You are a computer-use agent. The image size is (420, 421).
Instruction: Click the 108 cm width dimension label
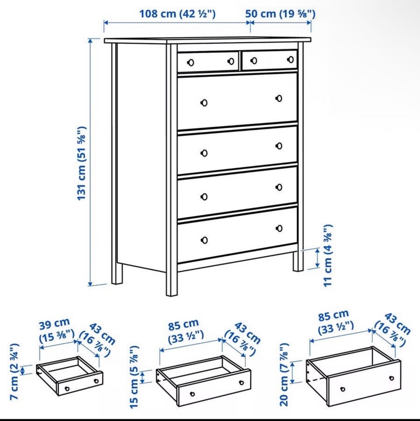coord(177,14)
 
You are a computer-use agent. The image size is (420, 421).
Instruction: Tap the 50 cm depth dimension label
coord(280,14)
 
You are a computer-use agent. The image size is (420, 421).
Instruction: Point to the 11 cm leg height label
coord(328,256)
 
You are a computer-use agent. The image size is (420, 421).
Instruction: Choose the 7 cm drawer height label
coord(14,372)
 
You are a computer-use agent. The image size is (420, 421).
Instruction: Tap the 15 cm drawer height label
coord(134,377)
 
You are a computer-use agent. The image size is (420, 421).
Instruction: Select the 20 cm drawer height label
coord(284,375)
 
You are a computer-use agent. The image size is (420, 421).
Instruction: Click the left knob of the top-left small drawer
coord(190,63)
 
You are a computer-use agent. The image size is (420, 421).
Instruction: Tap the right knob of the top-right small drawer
coord(290,59)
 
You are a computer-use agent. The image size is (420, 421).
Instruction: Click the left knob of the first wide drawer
coord(204,103)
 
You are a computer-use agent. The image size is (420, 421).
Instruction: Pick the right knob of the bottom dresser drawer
coord(279,229)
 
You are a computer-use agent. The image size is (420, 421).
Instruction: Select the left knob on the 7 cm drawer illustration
coord(67,389)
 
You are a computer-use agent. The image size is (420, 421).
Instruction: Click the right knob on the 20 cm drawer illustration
coord(392,378)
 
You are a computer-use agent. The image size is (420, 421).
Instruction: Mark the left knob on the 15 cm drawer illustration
coord(192,394)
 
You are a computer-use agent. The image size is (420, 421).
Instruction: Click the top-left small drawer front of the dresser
coord(208,62)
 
